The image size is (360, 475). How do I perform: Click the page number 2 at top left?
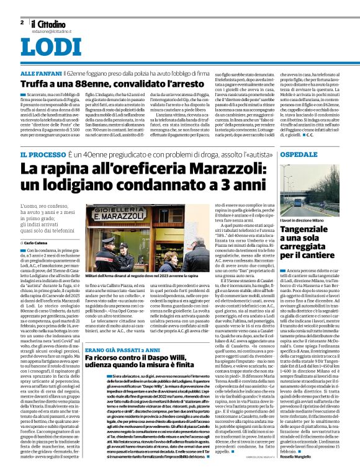coord(22,22)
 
